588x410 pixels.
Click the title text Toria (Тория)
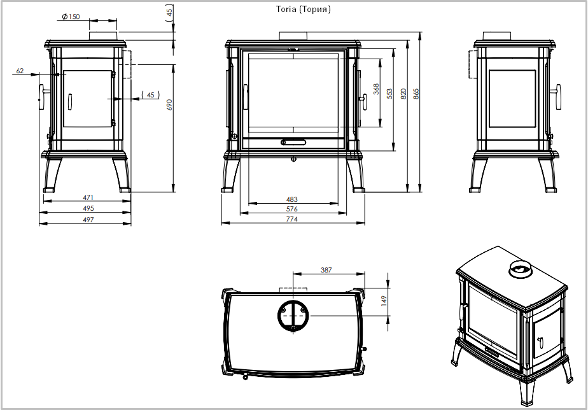[304, 10]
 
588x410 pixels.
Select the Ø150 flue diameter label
[71, 17]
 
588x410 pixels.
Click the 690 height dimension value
[169, 104]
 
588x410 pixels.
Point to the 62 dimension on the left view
[20, 71]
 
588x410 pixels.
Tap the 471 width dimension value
[88, 197]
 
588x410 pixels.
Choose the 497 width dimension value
[88, 220]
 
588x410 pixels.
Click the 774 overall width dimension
[291, 219]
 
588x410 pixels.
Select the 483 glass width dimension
[291, 199]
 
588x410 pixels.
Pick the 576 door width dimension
[291, 209]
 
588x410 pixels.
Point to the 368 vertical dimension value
[376, 89]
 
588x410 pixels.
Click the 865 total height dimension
[416, 94]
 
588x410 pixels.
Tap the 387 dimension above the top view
[326, 270]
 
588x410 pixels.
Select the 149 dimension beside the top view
[383, 301]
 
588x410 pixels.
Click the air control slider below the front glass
[293, 142]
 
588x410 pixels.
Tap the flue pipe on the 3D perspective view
[521, 269]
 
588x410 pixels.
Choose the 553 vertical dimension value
[389, 94]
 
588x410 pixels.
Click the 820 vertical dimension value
[403, 94]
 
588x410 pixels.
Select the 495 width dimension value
[88, 208]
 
